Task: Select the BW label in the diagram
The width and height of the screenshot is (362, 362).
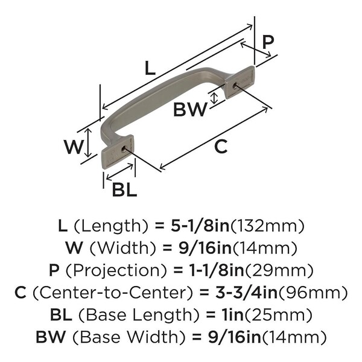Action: pos(190,110)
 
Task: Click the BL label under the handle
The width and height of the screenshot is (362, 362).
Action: pos(124,189)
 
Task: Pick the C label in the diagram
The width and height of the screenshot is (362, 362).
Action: pos(221,146)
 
